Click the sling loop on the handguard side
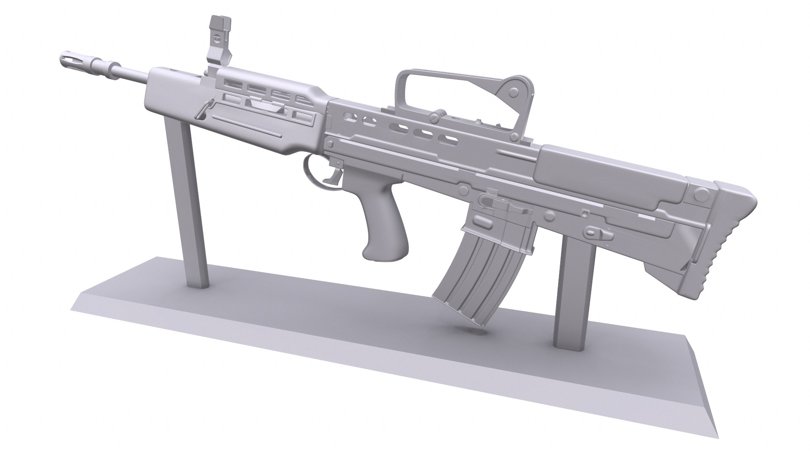(204, 114)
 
